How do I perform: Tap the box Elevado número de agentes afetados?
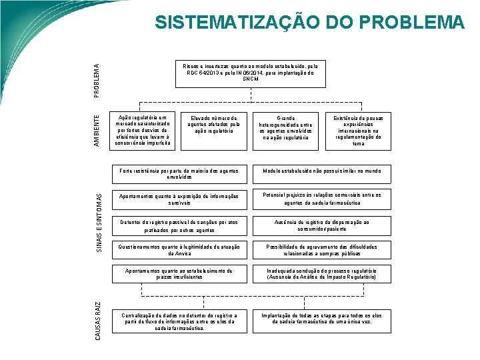pyautogui.click(x=214, y=124)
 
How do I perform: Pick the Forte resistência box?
pyautogui.click(x=179, y=174)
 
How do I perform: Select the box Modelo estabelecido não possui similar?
pyautogui.click(x=322, y=171)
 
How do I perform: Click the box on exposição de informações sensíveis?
pyautogui.click(x=179, y=199)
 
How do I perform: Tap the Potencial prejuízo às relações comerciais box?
pyautogui.click(x=322, y=199)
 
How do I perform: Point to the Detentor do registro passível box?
pyautogui.click(x=179, y=225)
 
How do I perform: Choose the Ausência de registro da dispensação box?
pyautogui.click(x=322, y=225)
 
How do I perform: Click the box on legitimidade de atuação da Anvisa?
pyautogui.click(x=179, y=250)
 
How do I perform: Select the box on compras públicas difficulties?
pyautogui.click(x=322, y=250)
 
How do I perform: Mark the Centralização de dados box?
pyautogui.click(x=179, y=321)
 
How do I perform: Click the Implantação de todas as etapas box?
pyautogui.click(x=322, y=317)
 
